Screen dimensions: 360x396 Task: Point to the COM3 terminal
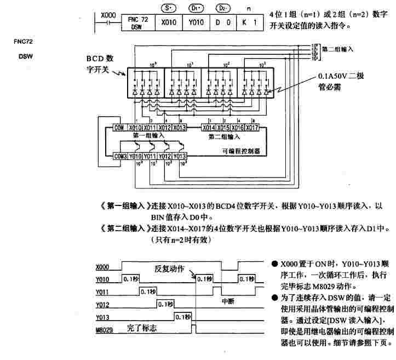pyautogui.click(x=120, y=157)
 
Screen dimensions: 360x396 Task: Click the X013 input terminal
pyautogui.click(x=180, y=128)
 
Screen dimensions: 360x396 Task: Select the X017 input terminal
pyautogui.click(x=251, y=128)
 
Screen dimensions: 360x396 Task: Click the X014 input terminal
pyautogui.click(x=209, y=128)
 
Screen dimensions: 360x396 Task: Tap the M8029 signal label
pyautogui.click(x=104, y=330)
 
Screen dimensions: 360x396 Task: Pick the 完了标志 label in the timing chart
pyautogui.click(x=141, y=328)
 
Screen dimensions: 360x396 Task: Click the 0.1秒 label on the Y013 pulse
pyautogui.click(x=182, y=316)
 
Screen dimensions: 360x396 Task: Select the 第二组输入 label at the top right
pyautogui.click(x=338, y=48)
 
